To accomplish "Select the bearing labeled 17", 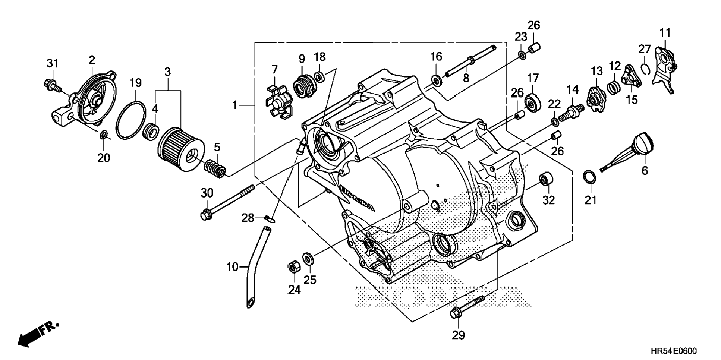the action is click(533, 103).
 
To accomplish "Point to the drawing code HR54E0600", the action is click(674, 351).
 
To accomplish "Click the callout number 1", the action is click(234, 105).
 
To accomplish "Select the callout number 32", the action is click(548, 200).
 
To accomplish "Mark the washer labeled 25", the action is click(308, 258).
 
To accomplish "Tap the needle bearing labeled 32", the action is click(546, 179).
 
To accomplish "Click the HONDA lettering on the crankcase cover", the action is click(356, 199).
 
